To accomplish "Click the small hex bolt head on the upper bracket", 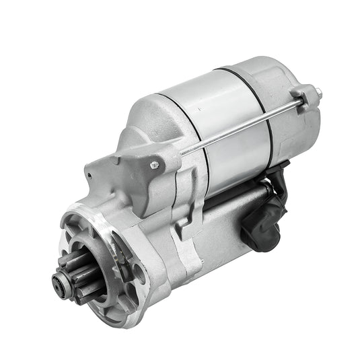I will [x=154, y=165].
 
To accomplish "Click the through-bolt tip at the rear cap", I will [x=318, y=92].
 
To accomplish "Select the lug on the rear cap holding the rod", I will [x=304, y=97].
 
